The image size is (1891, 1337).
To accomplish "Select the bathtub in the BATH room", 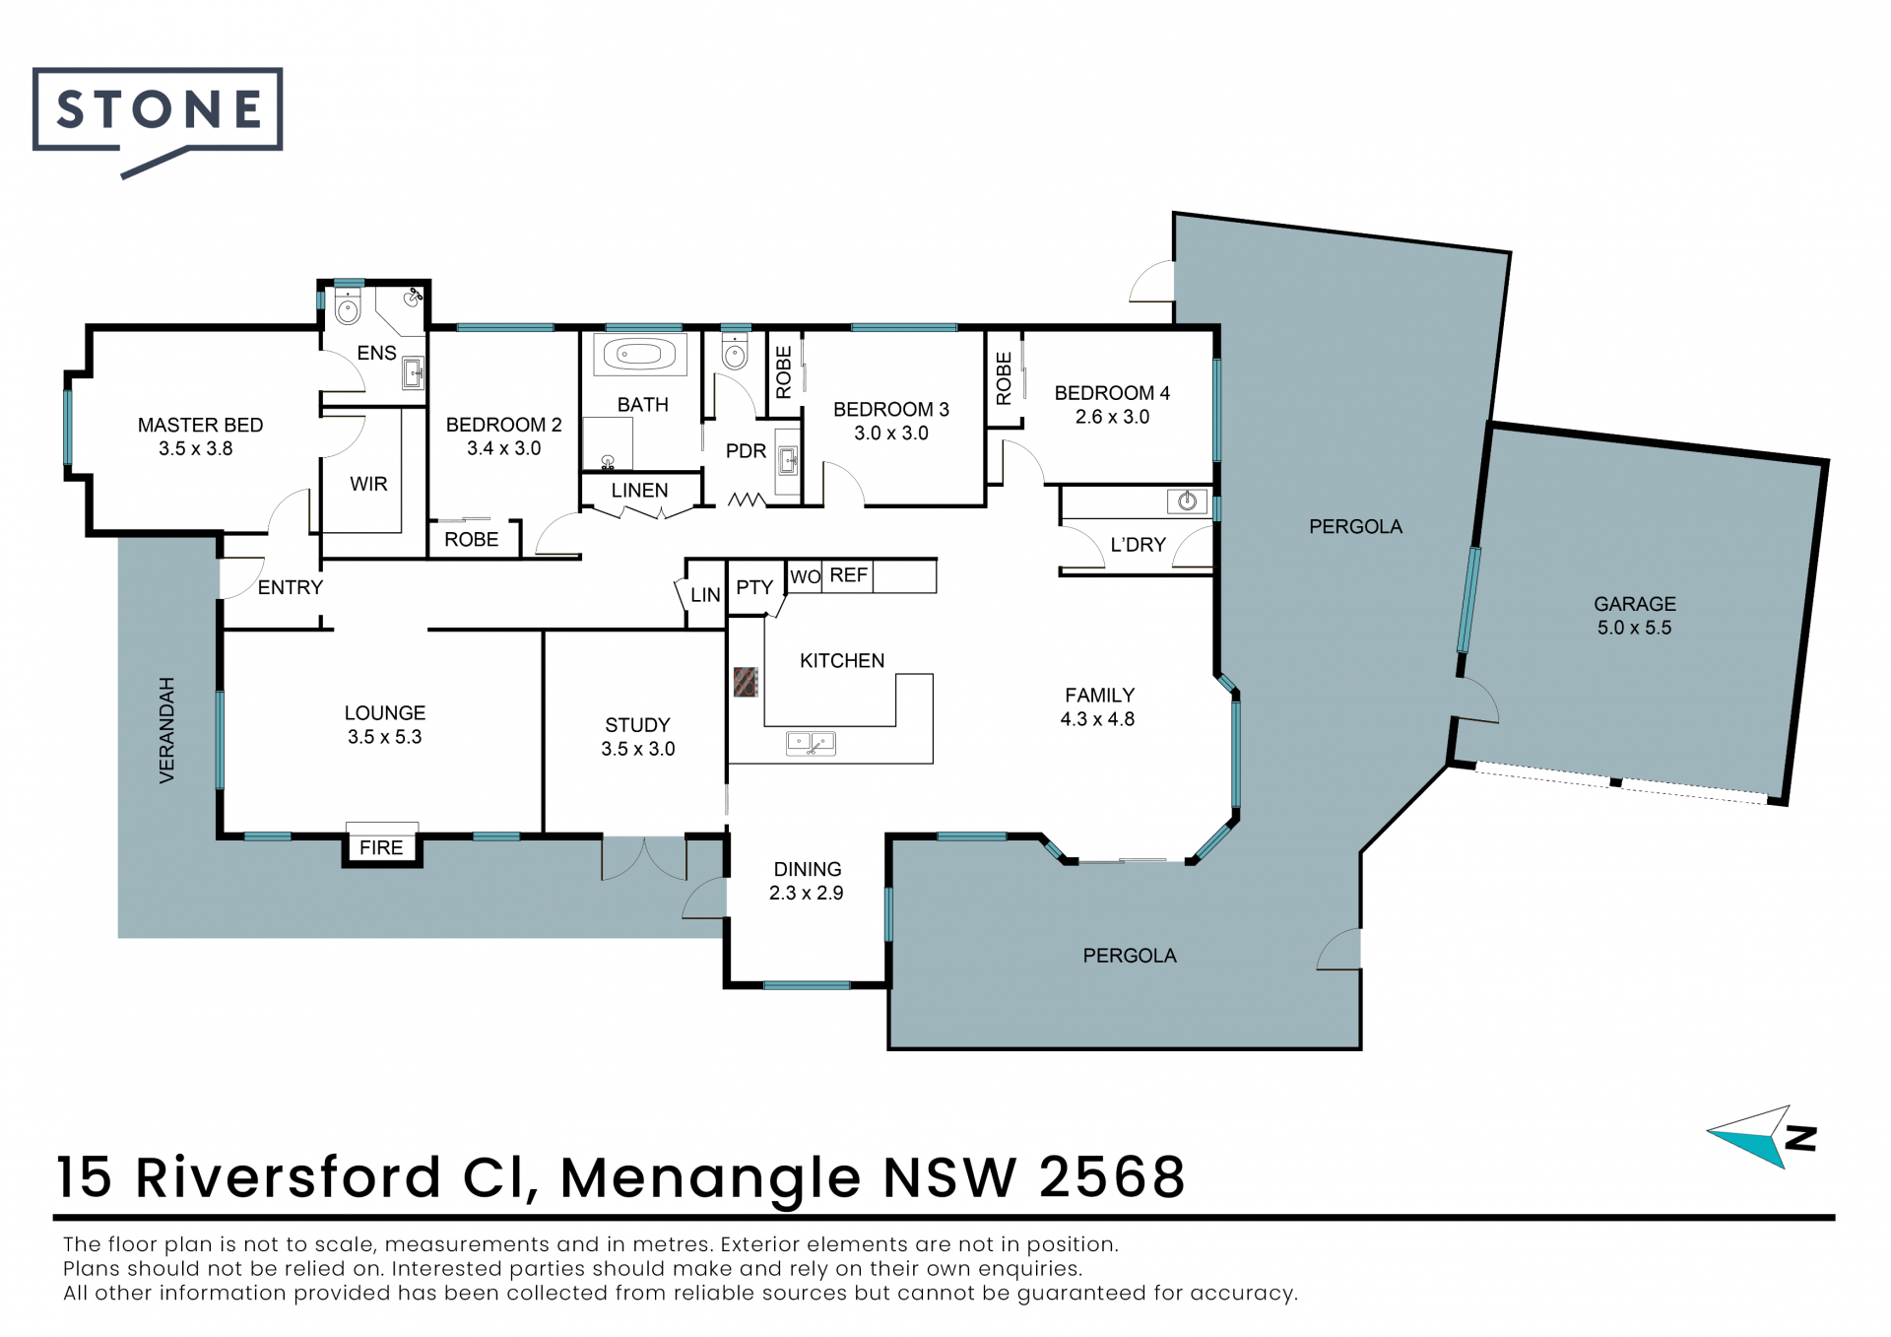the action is coord(640,355).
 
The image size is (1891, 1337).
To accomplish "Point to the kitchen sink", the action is coord(811,743).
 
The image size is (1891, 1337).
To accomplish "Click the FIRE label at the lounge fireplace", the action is coord(381,847).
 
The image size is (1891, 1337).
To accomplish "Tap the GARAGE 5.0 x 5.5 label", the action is coord(1635,616).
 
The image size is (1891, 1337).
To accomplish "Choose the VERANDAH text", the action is coord(166,730).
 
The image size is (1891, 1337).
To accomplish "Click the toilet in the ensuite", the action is coord(348,306).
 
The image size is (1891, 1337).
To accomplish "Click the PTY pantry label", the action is coord(754,587).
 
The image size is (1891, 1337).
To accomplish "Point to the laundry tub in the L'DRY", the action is coord(1187,501).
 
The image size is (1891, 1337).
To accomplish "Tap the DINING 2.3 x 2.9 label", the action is coord(807,881).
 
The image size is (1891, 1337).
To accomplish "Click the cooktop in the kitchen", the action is coord(746,682).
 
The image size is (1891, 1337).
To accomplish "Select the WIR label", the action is coord(368,484).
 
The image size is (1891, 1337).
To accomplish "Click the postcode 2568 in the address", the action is coord(1112,1176).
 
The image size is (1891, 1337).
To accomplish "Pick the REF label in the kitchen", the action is coord(849,574).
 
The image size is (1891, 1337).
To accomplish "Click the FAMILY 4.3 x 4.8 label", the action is coord(1098,707).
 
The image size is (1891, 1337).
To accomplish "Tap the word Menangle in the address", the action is coord(710,1178).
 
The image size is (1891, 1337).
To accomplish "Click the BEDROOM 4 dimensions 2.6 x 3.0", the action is coord(1112,417).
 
